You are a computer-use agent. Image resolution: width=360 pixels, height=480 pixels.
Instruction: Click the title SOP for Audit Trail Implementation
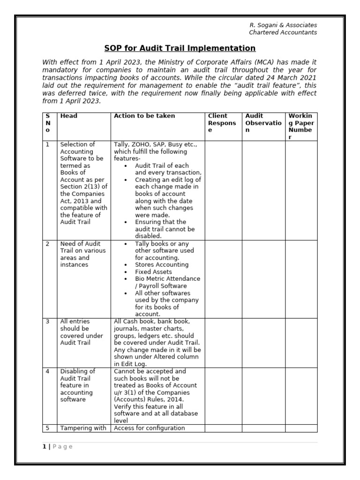pyautogui.click(x=180, y=48)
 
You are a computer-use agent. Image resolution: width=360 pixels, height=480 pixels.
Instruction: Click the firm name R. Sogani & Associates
pyautogui.click(x=283, y=25)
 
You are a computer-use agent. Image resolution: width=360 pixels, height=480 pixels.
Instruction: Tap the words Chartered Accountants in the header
pyautogui.click(x=283, y=32)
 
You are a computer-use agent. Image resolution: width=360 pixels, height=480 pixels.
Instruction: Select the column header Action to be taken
pyautogui.click(x=144, y=116)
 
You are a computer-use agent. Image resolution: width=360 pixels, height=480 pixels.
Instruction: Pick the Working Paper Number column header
pyautogui.click(x=302, y=126)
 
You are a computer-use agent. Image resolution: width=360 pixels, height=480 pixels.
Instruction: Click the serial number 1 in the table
pyautogui.click(x=47, y=144)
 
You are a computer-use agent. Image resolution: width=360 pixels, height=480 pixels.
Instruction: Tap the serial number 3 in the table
pyautogui.click(x=47, y=322)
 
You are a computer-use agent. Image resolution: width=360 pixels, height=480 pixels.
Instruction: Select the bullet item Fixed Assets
pyautogui.click(x=153, y=272)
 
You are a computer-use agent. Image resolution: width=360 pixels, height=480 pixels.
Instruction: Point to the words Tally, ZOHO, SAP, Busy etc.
pyautogui.click(x=156, y=144)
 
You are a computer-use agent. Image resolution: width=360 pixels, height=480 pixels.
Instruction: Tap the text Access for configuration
pyautogui.click(x=150, y=427)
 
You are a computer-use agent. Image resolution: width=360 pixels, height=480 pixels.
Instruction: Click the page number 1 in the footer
pyautogui.click(x=45, y=447)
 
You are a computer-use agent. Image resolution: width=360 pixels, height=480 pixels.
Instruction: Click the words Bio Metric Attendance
pyautogui.click(x=167, y=279)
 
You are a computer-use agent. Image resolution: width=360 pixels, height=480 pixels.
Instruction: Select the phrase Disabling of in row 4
pyautogui.click(x=77, y=371)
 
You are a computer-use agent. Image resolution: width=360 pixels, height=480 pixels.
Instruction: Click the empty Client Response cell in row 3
pyautogui.click(x=223, y=343)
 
